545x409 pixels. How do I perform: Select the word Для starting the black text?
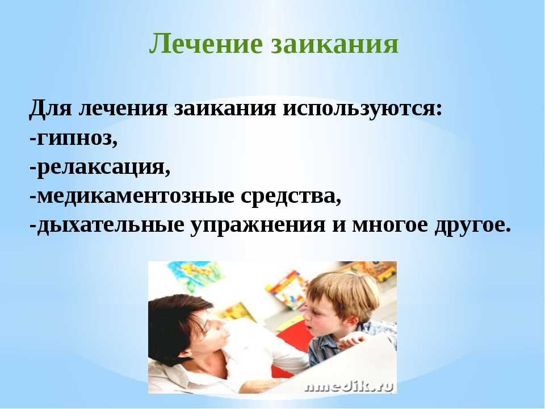[x=50, y=108]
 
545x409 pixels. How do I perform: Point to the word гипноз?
[x=74, y=139]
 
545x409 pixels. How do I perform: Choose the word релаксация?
[x=100, y=168]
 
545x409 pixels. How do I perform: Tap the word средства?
[x=291, y=197]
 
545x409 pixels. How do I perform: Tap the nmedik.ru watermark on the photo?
[x=349, y=386]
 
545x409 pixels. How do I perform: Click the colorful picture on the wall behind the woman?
[x=194, y=277]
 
